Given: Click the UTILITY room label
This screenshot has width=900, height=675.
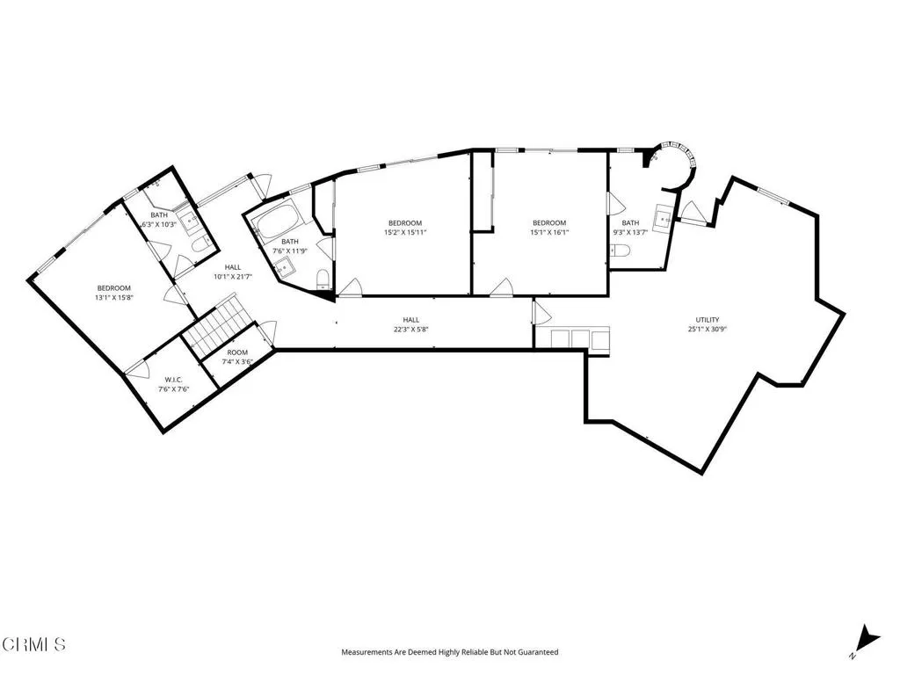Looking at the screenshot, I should point(708,319).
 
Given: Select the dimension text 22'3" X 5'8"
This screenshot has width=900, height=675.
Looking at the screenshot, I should point(410,330).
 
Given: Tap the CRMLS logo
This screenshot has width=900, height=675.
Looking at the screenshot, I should point(33,644).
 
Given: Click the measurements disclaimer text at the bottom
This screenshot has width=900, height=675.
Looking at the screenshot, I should point(449,652).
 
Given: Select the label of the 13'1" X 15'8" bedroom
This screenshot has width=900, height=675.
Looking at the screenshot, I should point(113,288).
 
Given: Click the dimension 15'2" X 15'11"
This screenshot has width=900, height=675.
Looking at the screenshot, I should point(404,233).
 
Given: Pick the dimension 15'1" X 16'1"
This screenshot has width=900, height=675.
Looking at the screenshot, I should point(549,233).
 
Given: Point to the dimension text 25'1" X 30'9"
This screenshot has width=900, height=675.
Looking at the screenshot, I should point(708,329).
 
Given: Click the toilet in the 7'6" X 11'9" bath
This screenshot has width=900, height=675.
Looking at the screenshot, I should point(322,280).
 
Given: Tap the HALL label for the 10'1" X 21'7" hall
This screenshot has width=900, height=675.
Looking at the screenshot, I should point(233,267).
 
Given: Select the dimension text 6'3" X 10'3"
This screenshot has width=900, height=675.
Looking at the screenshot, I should point(159,224).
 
